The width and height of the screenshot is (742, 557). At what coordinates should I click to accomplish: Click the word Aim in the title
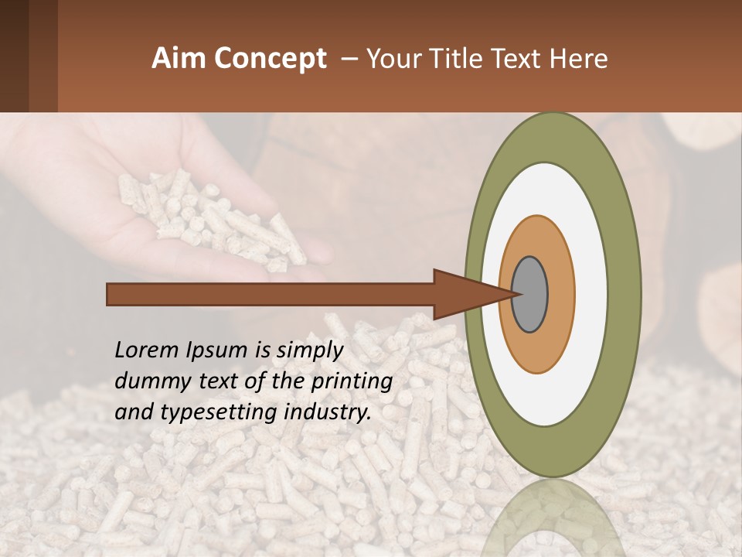pyautogui.click(x=179, y=59)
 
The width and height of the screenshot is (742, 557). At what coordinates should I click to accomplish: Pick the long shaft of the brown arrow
pyautogui.click(x=271, y=294)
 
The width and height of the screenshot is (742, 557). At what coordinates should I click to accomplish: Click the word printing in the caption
pyautogui.click(x=352, y=382)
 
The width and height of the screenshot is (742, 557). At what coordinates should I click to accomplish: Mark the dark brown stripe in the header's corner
pyautogui.click(x=14, y=56)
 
